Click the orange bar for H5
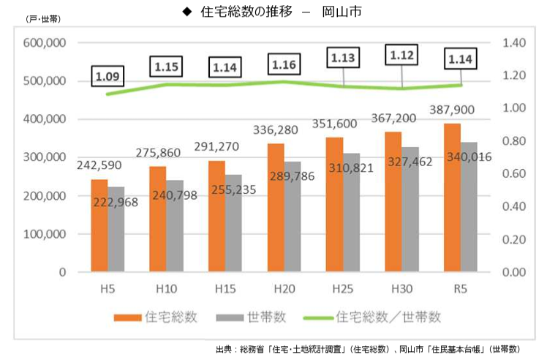click(x=99, y=225)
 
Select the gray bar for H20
click(x=292, y=217)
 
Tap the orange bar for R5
click(x=452, y=198)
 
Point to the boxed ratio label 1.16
click(x=283, y=64)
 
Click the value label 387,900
click(x=453, y=110)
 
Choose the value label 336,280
click(x=275, y=130)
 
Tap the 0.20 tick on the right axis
click(x=515, y=239)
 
